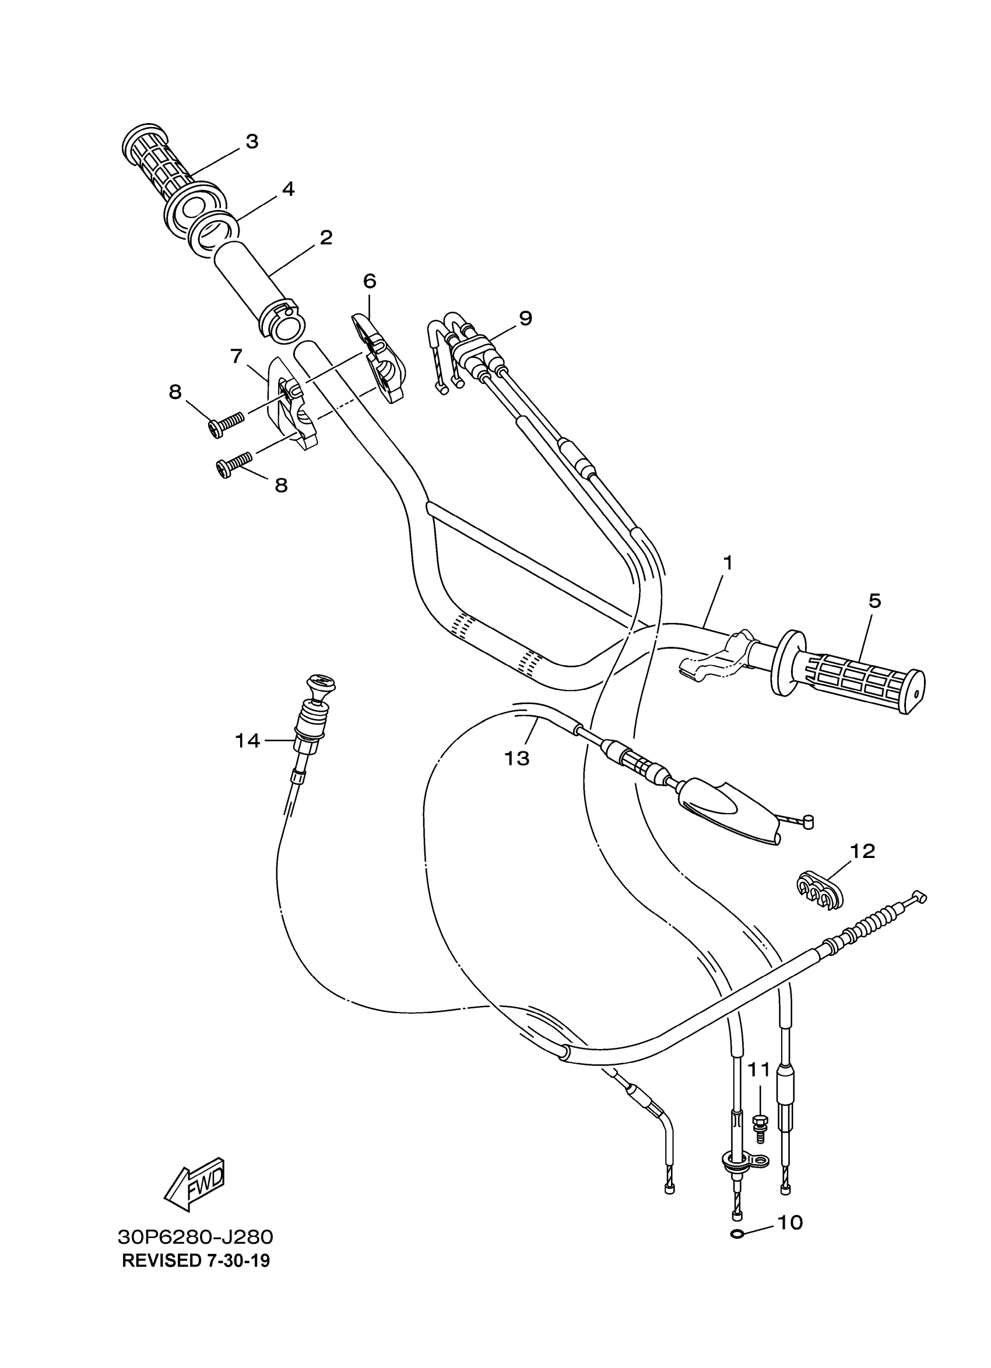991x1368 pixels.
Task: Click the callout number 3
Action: click(252, 142)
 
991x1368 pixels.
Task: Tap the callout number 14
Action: click(247, 740)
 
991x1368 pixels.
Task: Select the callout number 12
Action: click(863, 851)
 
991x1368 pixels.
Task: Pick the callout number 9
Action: click(525, 318)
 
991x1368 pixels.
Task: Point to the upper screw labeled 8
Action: click(226, 423)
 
